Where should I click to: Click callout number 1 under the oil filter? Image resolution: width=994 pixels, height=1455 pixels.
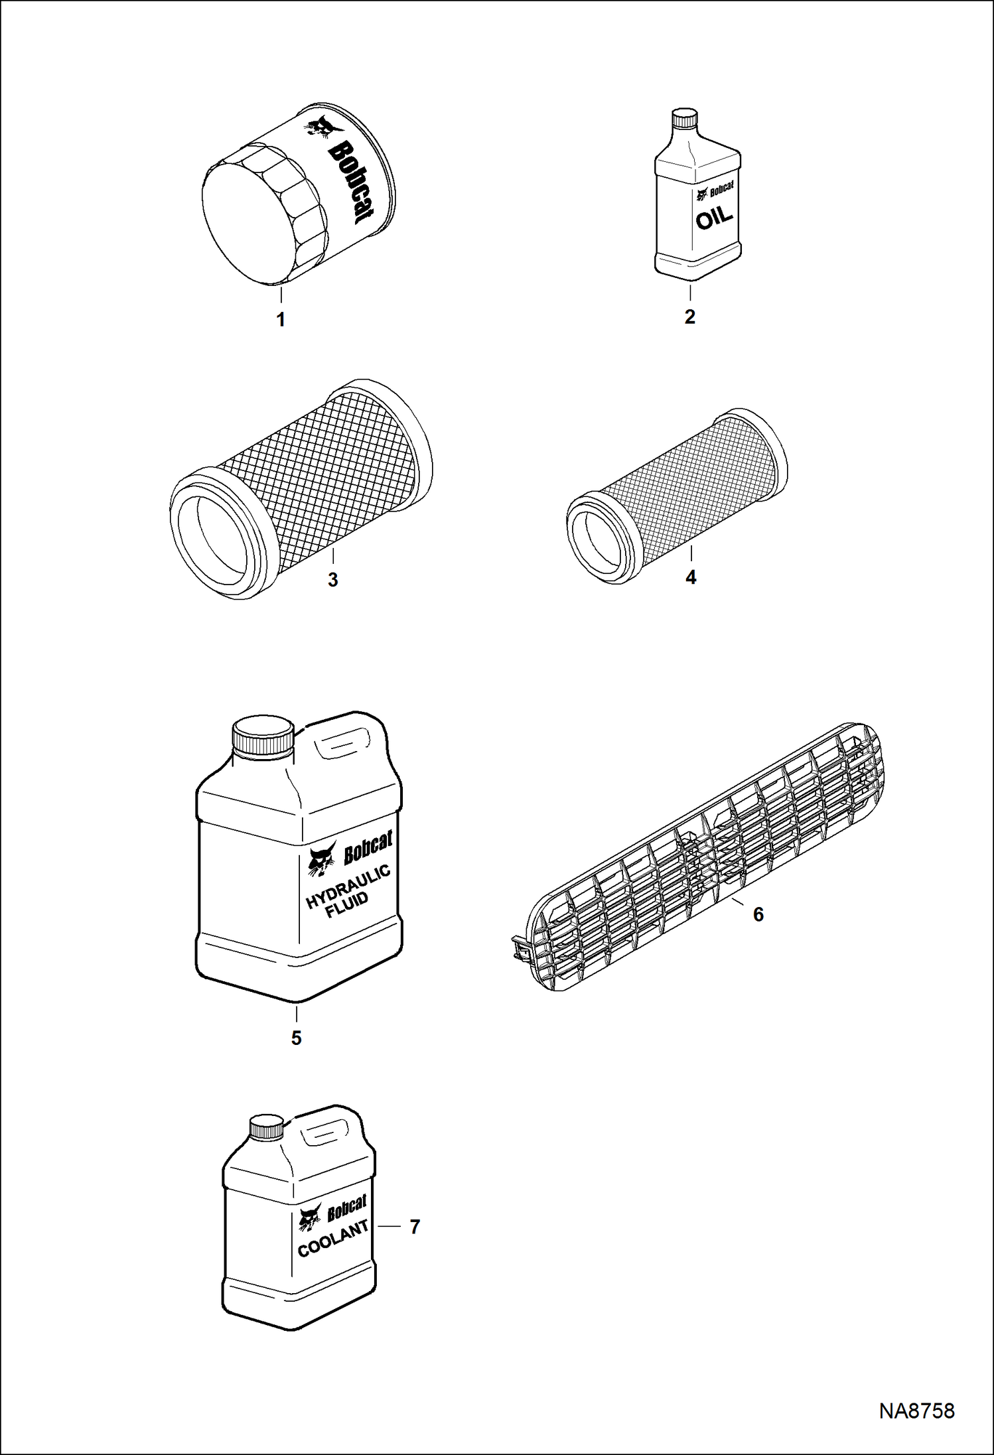coord(281,320)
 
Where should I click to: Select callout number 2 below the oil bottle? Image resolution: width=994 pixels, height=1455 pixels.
coord(690,317)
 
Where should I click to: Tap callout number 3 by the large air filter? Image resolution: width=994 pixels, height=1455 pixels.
coord(333,579)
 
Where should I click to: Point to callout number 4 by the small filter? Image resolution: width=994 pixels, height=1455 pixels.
coord(691,577)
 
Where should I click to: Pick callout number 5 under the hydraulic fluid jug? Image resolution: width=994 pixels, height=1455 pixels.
coord(296,1038)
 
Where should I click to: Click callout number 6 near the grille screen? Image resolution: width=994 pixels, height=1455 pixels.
coord(758,914)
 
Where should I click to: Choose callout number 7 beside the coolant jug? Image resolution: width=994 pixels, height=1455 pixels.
coord(415,1227)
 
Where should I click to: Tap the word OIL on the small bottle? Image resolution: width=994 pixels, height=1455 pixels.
coord(714,218)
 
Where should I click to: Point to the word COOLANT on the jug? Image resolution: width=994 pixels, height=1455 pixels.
coord(333,1239)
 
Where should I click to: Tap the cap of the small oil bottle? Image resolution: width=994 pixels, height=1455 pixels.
coord(685,118)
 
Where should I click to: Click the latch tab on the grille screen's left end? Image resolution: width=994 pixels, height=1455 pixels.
coord(520,949)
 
